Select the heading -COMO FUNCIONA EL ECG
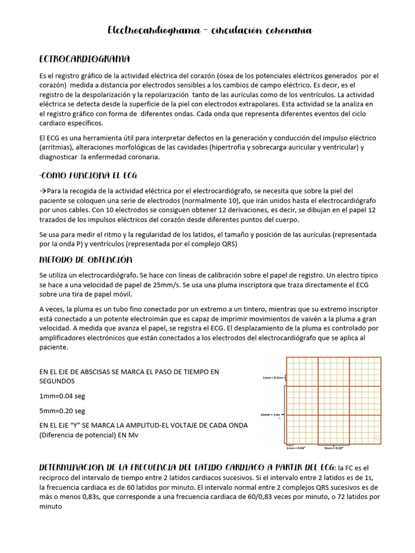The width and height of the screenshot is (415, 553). [x=91, y=176]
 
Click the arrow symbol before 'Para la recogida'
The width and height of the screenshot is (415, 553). [x=43, y=191]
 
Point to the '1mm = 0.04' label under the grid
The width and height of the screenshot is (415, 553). [x=296, y=448]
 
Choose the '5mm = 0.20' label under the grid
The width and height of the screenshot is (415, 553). [x=334, y=448]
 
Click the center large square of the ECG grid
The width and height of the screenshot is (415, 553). [x=334, y=400]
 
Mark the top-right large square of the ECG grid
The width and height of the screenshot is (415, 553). [x=365, y=371]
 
